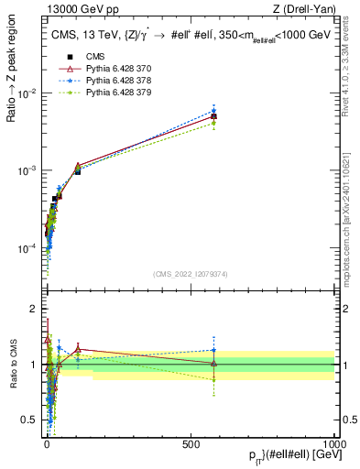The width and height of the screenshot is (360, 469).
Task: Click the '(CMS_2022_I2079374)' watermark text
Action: point(191,273)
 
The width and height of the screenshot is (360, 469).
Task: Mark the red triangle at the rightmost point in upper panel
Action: point(213,116)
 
